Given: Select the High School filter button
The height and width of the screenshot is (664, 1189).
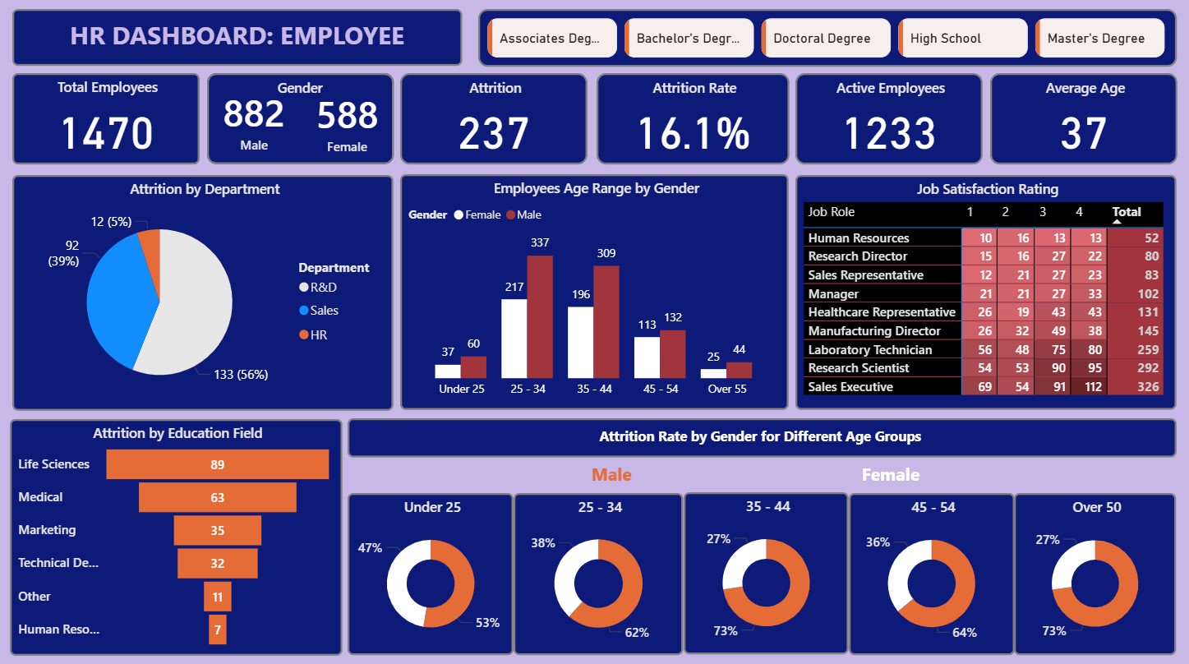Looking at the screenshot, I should pyautogui.click(x=962, y=38).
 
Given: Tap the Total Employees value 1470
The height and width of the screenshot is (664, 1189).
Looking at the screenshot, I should pyautogui.click(x=107, y=132).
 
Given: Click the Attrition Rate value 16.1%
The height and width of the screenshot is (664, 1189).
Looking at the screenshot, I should pyautogui.click(x=694, y=132).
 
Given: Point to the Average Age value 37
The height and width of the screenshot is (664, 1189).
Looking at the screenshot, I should pyautogui.click(x=1084, y=132).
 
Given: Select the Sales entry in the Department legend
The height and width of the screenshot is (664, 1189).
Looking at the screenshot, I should pyautogui.click(x=324, y=311).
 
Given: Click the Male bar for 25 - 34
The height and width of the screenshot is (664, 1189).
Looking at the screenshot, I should pyautogui.click(x=540, y=316).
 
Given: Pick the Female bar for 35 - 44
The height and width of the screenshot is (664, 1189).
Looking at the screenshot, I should pyautogui.click(x=581, y=342).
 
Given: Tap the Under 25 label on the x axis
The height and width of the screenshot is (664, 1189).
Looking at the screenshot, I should pyautogui.click(x=461, y=389).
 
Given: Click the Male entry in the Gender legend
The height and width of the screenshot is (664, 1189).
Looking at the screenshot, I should pyautogui.click(x=528, y=214).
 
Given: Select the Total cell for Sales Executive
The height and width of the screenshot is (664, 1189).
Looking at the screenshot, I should pyautogui.click(x=1136, y=386).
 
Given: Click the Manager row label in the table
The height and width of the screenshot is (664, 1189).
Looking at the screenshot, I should pyautogui.click(x=833, y=293).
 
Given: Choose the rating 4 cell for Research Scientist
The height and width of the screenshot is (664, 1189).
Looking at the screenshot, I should pyautogui.click(x=1088, y=367).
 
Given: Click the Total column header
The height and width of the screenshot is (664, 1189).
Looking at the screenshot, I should pyautogui.click(x=1127, y=212).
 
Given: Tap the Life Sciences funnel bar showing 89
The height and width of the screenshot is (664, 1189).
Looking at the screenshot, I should pyautogui.click(x=217, y=464).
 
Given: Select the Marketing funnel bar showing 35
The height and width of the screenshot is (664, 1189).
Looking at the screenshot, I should pyautogui.click(x=217, y=530).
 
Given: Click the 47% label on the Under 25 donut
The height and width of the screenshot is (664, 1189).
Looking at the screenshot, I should pyautogui.click(x=370, y=547).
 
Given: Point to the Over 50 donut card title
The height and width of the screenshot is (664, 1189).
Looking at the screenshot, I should pyautogui.click(x=1097, y=507).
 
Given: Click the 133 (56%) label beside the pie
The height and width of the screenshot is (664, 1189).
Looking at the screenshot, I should pyautogui.click(x=240, y=375).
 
